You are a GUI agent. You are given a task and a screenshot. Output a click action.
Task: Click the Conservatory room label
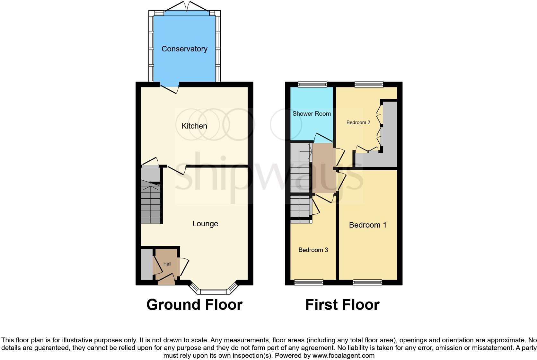click(184, 49)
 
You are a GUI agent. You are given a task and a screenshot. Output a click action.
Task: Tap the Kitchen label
click(194, 126)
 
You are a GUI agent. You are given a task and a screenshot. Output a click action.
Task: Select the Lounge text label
click(205, 224)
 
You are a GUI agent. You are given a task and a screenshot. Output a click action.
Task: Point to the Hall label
click(167, 264)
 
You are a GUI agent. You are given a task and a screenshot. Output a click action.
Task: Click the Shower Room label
click(312, 113)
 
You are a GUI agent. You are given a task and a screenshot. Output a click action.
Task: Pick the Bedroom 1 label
click(368, 225)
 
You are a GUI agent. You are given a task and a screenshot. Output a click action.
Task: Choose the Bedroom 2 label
click(358, 122)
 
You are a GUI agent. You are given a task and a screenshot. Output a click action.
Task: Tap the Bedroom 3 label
click(313, 250)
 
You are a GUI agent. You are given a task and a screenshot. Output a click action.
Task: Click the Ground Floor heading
click(194, 305)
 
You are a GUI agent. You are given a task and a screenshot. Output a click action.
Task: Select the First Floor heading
click(342, 305)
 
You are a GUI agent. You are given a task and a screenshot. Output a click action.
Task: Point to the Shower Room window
click(312, 85)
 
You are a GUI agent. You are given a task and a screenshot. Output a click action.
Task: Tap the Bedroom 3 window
click(309, 283)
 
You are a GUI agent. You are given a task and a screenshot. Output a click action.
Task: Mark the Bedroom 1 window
click(367, 283)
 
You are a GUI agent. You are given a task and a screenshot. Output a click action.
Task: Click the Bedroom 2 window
click(369, 85)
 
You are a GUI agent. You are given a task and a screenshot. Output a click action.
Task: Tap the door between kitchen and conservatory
click(169, 87)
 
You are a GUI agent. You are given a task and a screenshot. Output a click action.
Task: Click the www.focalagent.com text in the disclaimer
click(343, 355)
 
